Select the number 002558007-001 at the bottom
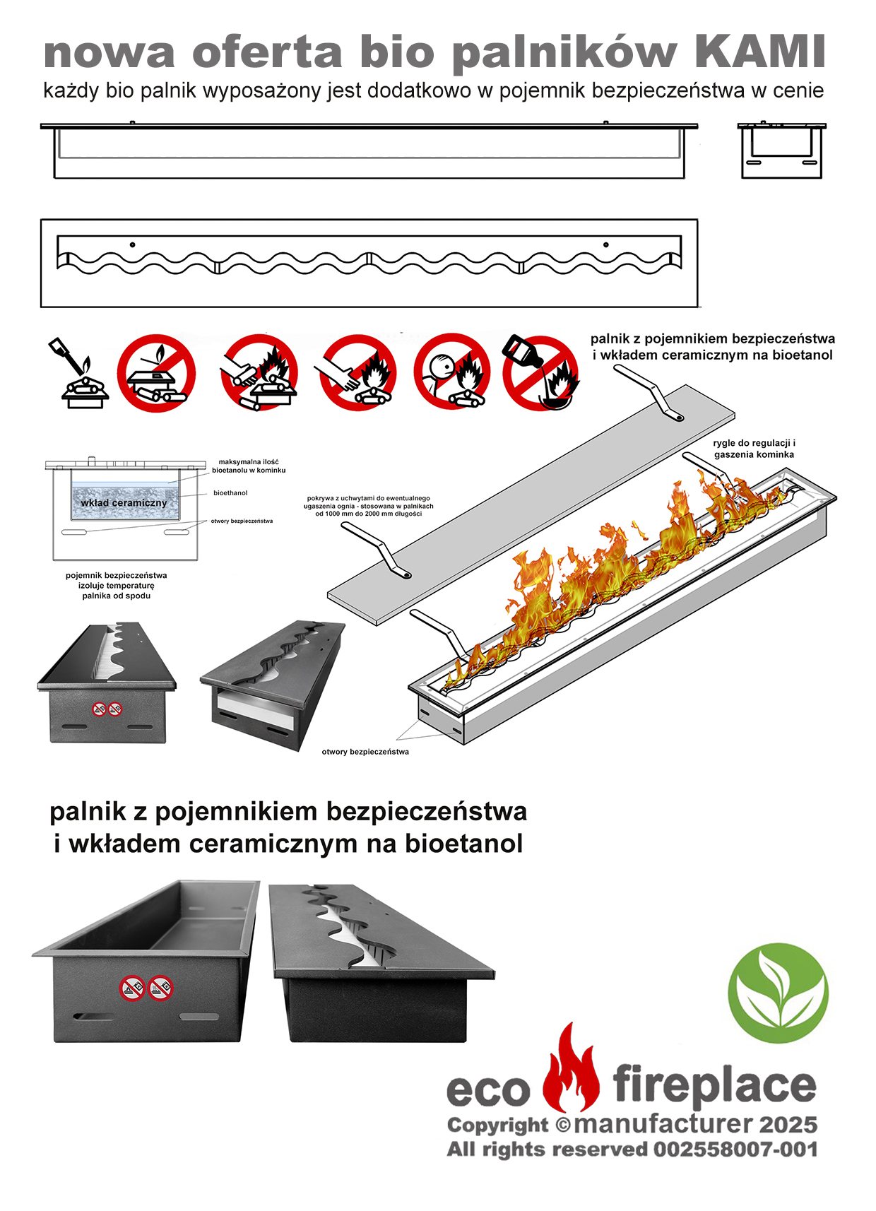[x=735, y=1150]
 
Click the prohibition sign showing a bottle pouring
[x=540, y=372]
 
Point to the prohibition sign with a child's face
[x=452, y=372]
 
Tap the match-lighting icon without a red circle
[x=81, y=373]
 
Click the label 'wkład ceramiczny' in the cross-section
[x=124, y=503]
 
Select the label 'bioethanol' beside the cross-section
[x=230, y=493]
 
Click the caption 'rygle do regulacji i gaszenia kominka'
[x=754, y=449]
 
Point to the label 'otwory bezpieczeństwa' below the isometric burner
[x=365, y=752]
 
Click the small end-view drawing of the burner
[x=782, y=150]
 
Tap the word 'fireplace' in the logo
[x=714, y=1087]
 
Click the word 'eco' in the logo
[x=488, y=1092]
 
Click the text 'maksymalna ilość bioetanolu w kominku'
[x=249, y=466]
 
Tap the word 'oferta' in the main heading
[x=267, y=52]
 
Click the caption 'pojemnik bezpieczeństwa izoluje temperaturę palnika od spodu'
[x=116, y=586]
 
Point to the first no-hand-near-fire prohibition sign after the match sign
[x=259, y=372]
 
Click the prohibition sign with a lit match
[x=156, y=372]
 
